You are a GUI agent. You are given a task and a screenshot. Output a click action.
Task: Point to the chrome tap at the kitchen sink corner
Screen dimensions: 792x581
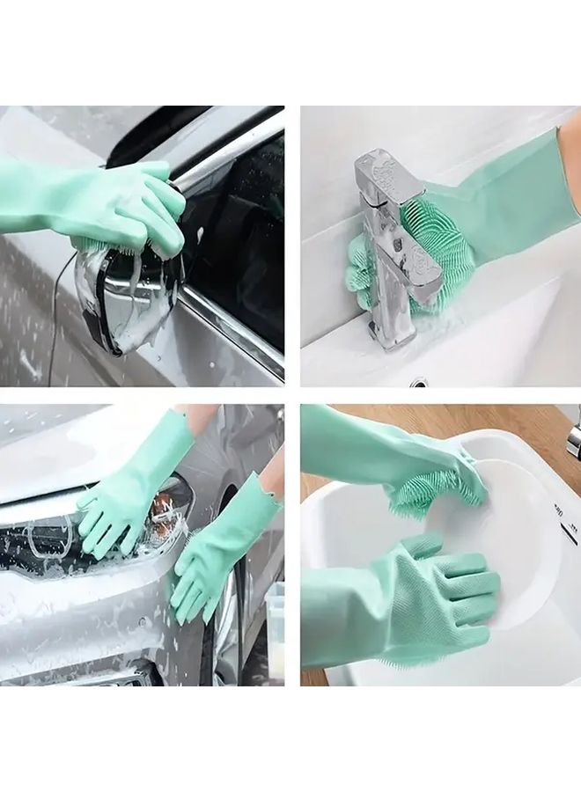click(x=573, y=440)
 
